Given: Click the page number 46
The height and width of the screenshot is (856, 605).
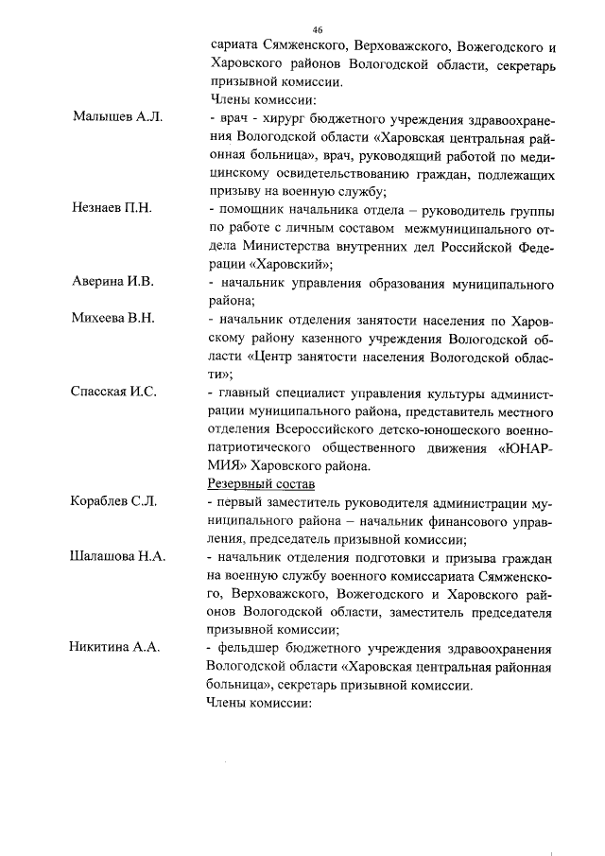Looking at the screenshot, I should click(317, 29).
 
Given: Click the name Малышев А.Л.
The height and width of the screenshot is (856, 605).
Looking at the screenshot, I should click(118, 117).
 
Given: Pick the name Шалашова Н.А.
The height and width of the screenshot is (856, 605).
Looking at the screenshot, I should click(118, 556).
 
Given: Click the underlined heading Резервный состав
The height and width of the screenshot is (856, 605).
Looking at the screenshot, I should click(255, 483).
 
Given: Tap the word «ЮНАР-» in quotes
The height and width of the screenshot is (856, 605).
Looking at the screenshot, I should click(526, 446).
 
